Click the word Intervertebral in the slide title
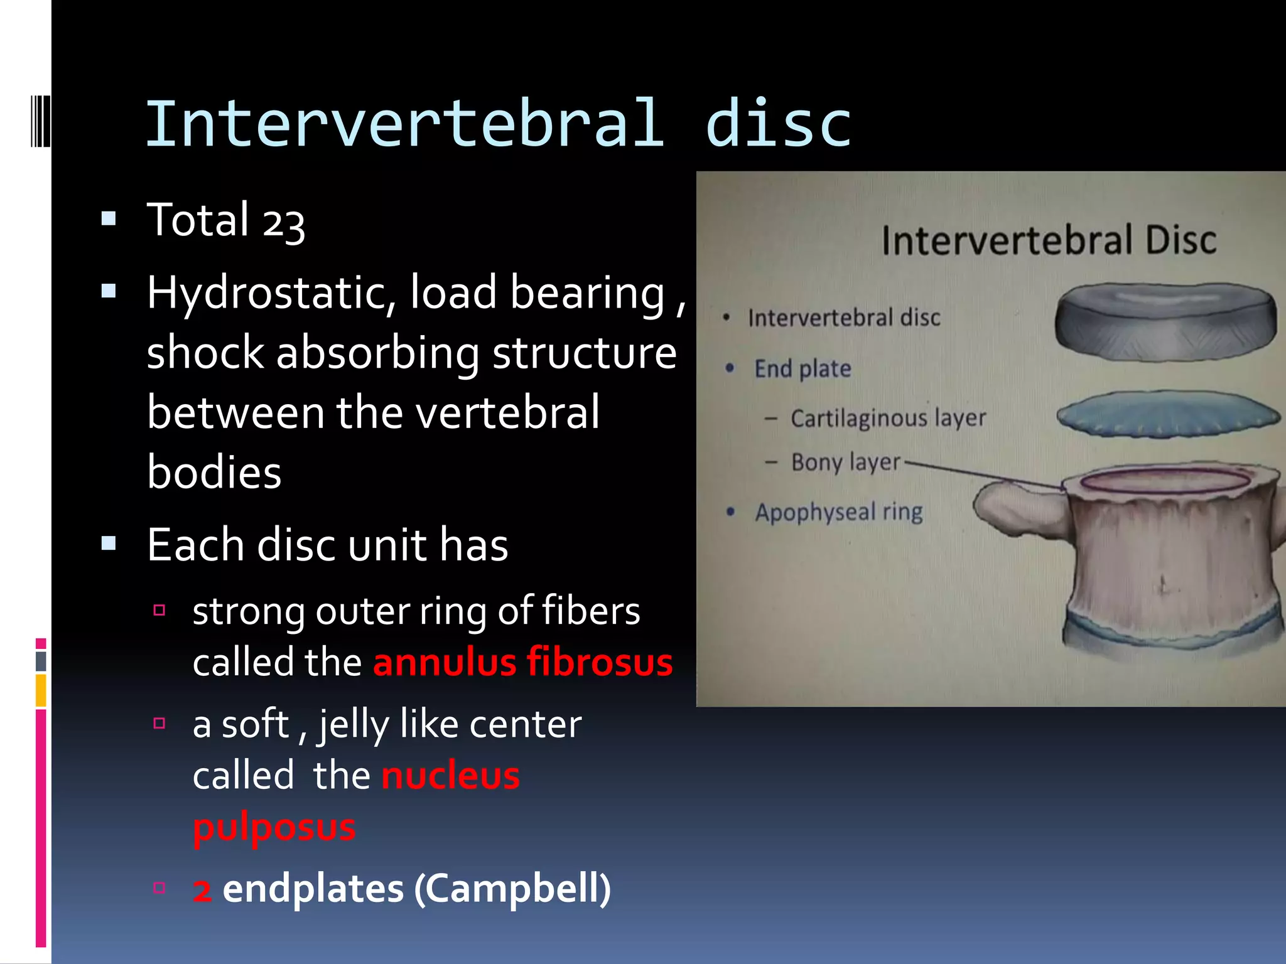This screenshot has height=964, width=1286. pyautogui.click(x=404, y=124)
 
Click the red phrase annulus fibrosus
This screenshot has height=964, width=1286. pyautogui.click(x=522, y=663)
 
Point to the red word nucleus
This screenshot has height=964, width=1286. pyautogui.click(x=450, y=776)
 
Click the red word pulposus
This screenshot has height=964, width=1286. pyautogui.click(x=274, y=827)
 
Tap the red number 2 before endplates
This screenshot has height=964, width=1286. pyautogui.click(x=202, y=891)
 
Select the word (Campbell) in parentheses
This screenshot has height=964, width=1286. pyautogui.click(x=512, y=889)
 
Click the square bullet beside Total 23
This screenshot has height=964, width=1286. pyautogui.click(x=109, y=218)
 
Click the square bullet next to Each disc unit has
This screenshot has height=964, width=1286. pyautogui.click(x=109, y=543)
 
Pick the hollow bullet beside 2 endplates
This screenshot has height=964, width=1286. pyautogui.click(x=159, y=887)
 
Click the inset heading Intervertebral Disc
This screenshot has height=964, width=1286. pyautogui.click(x=1048, y=241)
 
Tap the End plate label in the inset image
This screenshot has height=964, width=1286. pyautogui.click(x=802, y=369)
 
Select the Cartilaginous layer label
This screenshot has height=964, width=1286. pyautogui.click(x=888, y=418)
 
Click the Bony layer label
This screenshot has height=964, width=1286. pyautogui.click(x=845, y=463)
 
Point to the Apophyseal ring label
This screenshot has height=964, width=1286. pyautogui.click(x=839, y=512)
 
